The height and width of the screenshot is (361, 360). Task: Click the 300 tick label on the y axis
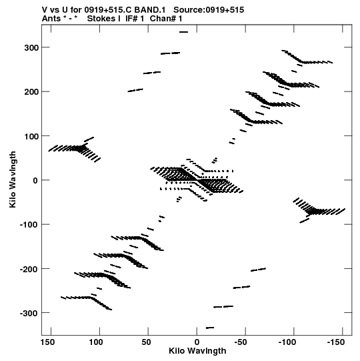click(x=31, y=48)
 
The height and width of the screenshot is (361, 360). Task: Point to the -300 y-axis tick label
click(x=29, y=313)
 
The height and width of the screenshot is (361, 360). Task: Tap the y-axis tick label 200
click(x=31, y=92)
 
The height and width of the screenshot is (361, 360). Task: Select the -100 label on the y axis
click(x=29, y=225)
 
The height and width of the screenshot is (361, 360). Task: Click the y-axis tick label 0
click(x=35, y=180)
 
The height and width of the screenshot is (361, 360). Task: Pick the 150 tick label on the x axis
click(x=47, y=342)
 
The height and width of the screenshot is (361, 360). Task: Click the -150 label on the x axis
click(x=335, y=342)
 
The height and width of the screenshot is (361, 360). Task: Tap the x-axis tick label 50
click(x=146, y=342)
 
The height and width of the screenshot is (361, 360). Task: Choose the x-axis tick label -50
click(x=241, y=342)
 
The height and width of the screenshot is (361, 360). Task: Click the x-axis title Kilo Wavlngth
click(x=197, y=351)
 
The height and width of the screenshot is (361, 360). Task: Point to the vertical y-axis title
click(x=13, y=179)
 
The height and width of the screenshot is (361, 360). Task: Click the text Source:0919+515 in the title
click(x=209, y=10)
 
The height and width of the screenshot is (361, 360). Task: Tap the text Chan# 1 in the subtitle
click(x=166, y=19)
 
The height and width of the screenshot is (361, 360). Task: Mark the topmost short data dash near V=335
click(x=183, y=32)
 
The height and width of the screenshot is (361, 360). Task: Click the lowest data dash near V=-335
click(x=210, y=328)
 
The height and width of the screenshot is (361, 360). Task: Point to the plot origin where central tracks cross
click(x=197, y=180)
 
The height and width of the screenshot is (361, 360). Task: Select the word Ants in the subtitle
click(x=51, y=19)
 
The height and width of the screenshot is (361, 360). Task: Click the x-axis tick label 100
click(x=96, y=342)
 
